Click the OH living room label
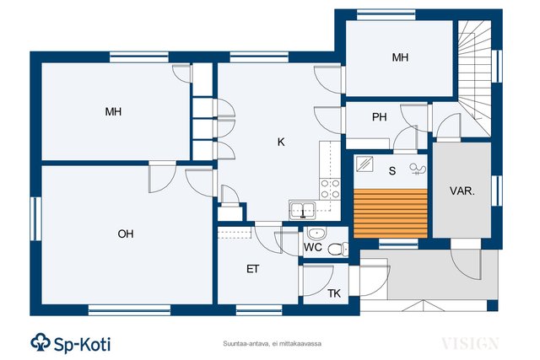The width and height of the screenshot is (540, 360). tap(126, 234)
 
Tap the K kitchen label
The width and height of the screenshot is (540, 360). tap(281, 142)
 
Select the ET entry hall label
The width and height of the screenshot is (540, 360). tap(253, 269)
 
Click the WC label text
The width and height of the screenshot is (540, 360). tap(313, 247)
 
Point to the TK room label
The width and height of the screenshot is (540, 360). tap(334, 293)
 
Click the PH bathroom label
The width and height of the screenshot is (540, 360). tap(379, 117)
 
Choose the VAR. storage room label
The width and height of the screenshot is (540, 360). tap(462, 191)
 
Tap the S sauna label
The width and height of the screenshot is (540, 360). tap(391, 170)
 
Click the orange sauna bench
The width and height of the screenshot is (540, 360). tap(391, 213)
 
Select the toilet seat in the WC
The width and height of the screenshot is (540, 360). tap(337, 250)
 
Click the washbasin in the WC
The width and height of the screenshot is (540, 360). tap(317, 234)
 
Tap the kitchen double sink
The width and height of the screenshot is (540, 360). tap(303, 210)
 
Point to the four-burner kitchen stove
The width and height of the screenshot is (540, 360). tap(330, 190)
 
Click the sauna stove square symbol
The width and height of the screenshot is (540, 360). tap(364, 164)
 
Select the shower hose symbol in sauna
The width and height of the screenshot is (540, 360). tap(418, 169)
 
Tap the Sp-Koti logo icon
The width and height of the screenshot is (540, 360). tap(41, 342)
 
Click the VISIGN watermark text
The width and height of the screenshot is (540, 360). tap(470, 343)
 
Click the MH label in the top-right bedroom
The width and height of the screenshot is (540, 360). tap(400, 57)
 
